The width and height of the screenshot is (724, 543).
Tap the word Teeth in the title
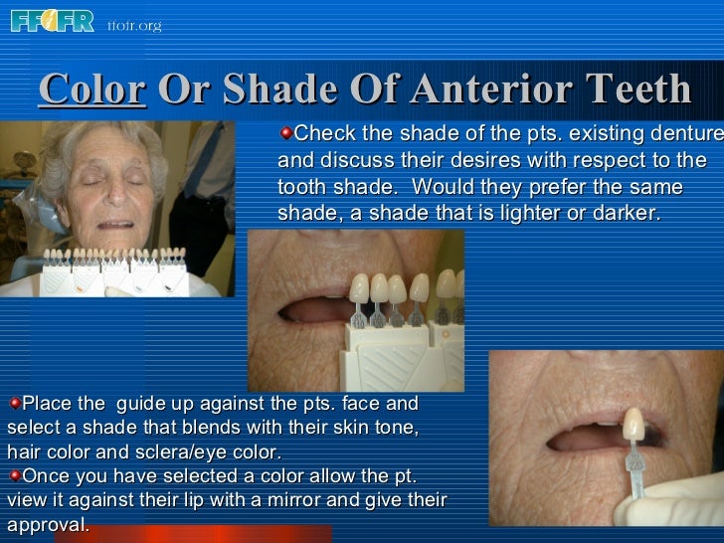[x=636, y=90]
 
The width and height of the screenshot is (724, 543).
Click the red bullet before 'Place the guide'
[x=14, y=404]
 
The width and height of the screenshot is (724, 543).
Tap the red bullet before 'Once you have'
[x=14, y=475]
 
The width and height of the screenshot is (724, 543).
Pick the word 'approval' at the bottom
[x=47, y=524]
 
